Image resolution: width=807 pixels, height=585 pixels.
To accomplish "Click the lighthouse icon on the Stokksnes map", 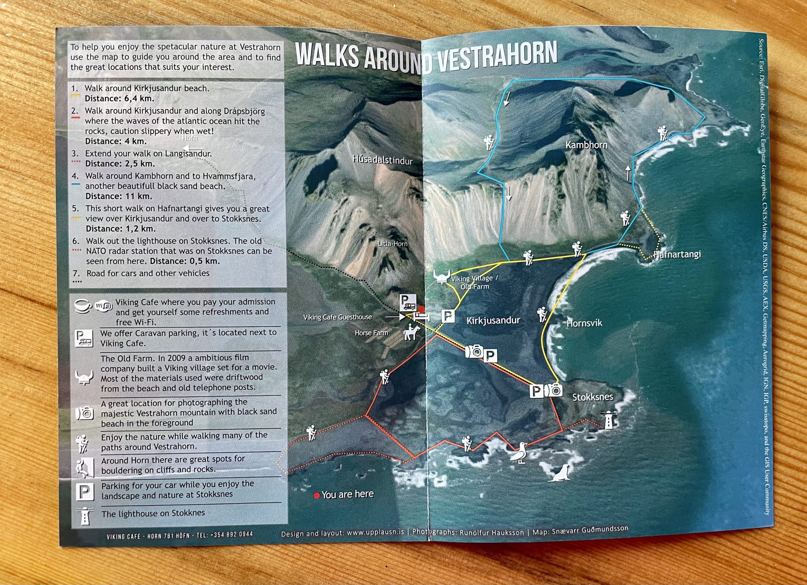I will pos(609,420).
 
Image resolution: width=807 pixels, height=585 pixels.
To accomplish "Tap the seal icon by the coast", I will pos(560,473).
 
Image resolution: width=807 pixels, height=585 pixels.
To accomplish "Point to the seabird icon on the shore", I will pos(520,453).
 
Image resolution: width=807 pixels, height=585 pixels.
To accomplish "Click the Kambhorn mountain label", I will pos(586,145).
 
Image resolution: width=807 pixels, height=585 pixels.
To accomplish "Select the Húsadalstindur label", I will pos(382,160).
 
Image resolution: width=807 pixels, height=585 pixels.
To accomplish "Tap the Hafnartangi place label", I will pos(677,254).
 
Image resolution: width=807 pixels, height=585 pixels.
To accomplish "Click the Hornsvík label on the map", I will pos(584,323).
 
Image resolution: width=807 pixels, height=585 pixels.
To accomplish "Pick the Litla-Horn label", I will pos(392,244).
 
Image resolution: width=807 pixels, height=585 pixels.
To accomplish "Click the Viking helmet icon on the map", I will pos(442,277).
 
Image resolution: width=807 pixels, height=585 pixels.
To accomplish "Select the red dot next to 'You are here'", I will pos(316,496).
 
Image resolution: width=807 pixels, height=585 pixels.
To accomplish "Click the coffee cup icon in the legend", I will pos(83,305).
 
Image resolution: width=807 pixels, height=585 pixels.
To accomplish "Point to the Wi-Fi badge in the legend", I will pos(103,306).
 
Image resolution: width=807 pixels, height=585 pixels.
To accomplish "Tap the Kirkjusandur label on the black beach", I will pos(493,321).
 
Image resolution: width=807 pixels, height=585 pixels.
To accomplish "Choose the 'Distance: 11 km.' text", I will pos(119,196).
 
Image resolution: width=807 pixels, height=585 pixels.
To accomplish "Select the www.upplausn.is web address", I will pos(375,533).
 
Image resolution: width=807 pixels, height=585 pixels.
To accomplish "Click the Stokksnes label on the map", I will pos(592,397).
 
